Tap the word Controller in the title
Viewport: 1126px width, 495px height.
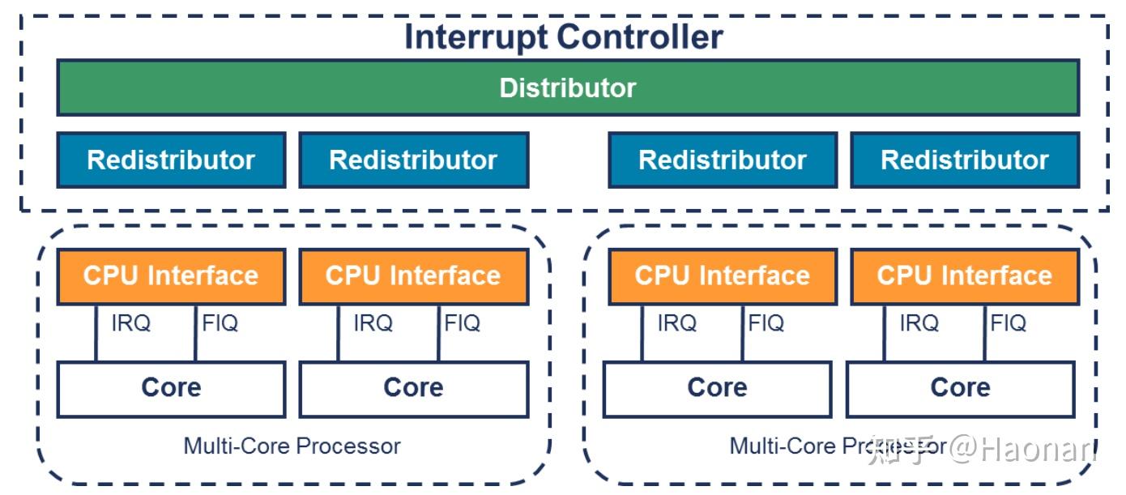640,37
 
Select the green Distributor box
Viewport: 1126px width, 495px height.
567,87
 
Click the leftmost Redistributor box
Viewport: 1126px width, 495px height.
171,160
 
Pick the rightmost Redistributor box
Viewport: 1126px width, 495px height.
964,160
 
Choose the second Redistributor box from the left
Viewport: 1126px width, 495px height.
413,160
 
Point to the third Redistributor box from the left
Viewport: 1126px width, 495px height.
723,160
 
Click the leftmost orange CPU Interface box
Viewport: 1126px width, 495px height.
171,276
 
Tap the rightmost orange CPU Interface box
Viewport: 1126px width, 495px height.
964,276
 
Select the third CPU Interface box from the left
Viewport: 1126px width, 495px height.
723,276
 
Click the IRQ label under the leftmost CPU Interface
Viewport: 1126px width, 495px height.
130,324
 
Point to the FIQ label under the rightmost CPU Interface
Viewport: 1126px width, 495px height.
1009,324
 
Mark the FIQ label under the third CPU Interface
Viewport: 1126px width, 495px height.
766,324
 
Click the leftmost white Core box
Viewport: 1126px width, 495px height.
171,388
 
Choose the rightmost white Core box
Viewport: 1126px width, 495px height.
960,388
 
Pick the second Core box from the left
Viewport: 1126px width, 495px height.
413,388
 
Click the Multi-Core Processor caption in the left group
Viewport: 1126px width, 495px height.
292,446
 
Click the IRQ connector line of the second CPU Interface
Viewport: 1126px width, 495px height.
339,333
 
